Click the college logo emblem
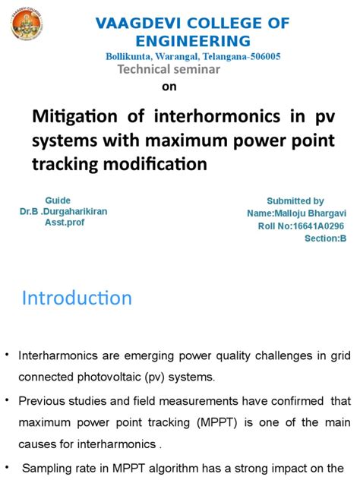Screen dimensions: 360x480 (x=27, y=24)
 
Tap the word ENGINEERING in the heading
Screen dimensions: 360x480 (x=193, y=41)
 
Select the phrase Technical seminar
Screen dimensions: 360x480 (x=169, y=69)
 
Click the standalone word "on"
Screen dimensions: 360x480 (x=169, y=87)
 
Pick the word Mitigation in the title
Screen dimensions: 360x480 (x=74, y=116)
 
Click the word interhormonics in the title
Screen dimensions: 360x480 (x=217, y=116)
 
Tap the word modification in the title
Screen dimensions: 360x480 (x=155, y=164)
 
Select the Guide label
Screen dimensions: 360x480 (x=58, y=201)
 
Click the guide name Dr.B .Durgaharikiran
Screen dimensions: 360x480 (x=63, y=212)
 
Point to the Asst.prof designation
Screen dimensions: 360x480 (x=65, y=223)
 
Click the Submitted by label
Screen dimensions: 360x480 (x=295, y=201)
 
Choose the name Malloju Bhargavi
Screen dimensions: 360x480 (x=310, y=213)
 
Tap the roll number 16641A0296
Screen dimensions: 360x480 (x=318, y=226)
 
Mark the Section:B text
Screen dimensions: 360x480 (x=325, y=238)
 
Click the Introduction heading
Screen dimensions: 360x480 (x=77, y=298)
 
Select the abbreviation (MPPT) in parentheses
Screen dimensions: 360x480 (x=217, y=423)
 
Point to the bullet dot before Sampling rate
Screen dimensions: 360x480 (x=7, y=468)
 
